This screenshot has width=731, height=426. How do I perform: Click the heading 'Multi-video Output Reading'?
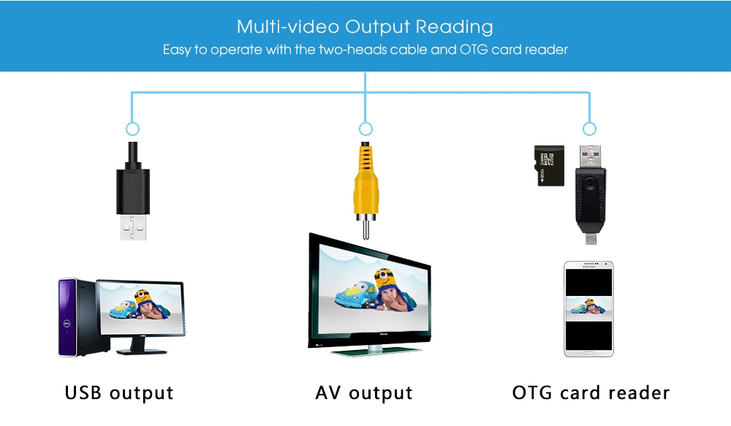click(x=365, y=27)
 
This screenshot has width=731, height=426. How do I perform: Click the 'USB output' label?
click(x=119, y=393)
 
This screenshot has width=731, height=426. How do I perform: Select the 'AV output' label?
click(x=364, y=393)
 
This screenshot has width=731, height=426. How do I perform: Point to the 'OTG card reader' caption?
click(x=591, y=393)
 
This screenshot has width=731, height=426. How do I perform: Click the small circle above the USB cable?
click(x=133, y=123)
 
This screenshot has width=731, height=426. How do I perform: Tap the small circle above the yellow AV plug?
click(x=365, y=123)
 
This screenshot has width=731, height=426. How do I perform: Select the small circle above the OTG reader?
click(x=590, y=123)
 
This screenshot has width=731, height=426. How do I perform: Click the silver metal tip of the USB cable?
click(x=133, y=227)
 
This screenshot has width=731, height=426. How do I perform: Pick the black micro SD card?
click(x=550, y=166)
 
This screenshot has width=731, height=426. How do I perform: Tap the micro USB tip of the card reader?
click(x=591, y=239)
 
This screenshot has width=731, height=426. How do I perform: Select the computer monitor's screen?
click(x=141, y=308)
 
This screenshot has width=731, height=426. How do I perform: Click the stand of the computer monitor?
click(x=140, y=346)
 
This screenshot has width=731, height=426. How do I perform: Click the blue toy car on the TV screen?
click(x=353, y=294)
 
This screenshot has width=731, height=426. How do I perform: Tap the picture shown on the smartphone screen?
click(x=588, y=308)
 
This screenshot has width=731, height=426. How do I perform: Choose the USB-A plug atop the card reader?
click(x=591, y=157)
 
